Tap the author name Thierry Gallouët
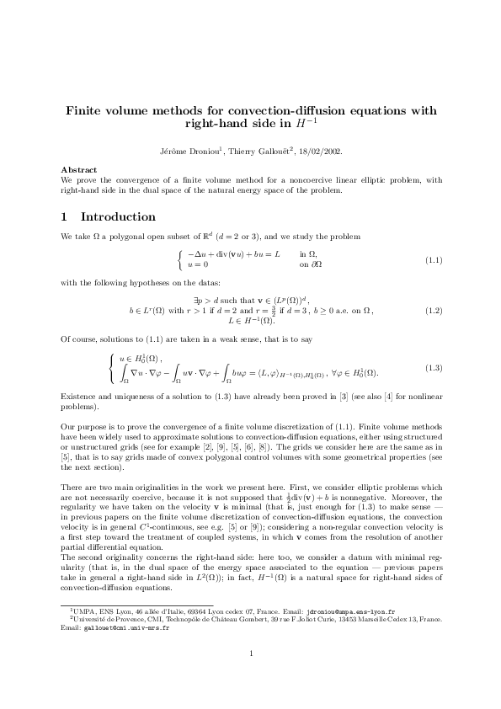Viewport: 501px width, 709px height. [x=258, y=152]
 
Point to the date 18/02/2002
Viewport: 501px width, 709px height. [x=318, y=152]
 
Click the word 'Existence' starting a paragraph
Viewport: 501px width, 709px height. [x=78, y=395]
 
